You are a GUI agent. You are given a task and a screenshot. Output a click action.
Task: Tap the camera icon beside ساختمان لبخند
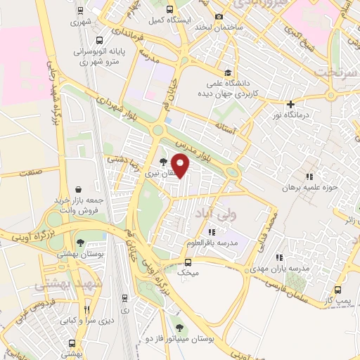pyautogui.click(x=219, y=16)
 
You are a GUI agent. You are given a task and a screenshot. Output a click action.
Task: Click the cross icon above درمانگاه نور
pyautogui.click(x=290, y=104)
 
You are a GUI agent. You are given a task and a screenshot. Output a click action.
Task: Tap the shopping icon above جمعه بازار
pyautogui.click(x=79, y=189)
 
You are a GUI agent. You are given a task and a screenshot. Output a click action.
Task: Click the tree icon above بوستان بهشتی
pyautogui.click(x=79, y=243)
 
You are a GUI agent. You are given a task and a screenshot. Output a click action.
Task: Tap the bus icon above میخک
pyautogui.click(x=187, y=262)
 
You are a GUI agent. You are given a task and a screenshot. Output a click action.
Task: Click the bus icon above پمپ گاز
pyautogui.click(x=338, y=290)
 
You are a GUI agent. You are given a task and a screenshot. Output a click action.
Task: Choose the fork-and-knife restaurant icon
pyautogui.click(x=87, y=309)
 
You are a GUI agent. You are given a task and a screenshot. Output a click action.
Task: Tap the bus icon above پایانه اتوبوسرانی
pyautogui.click(x=99, y=41)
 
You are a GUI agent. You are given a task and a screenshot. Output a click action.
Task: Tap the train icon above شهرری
pyautogui.click(x=80, y=11)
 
